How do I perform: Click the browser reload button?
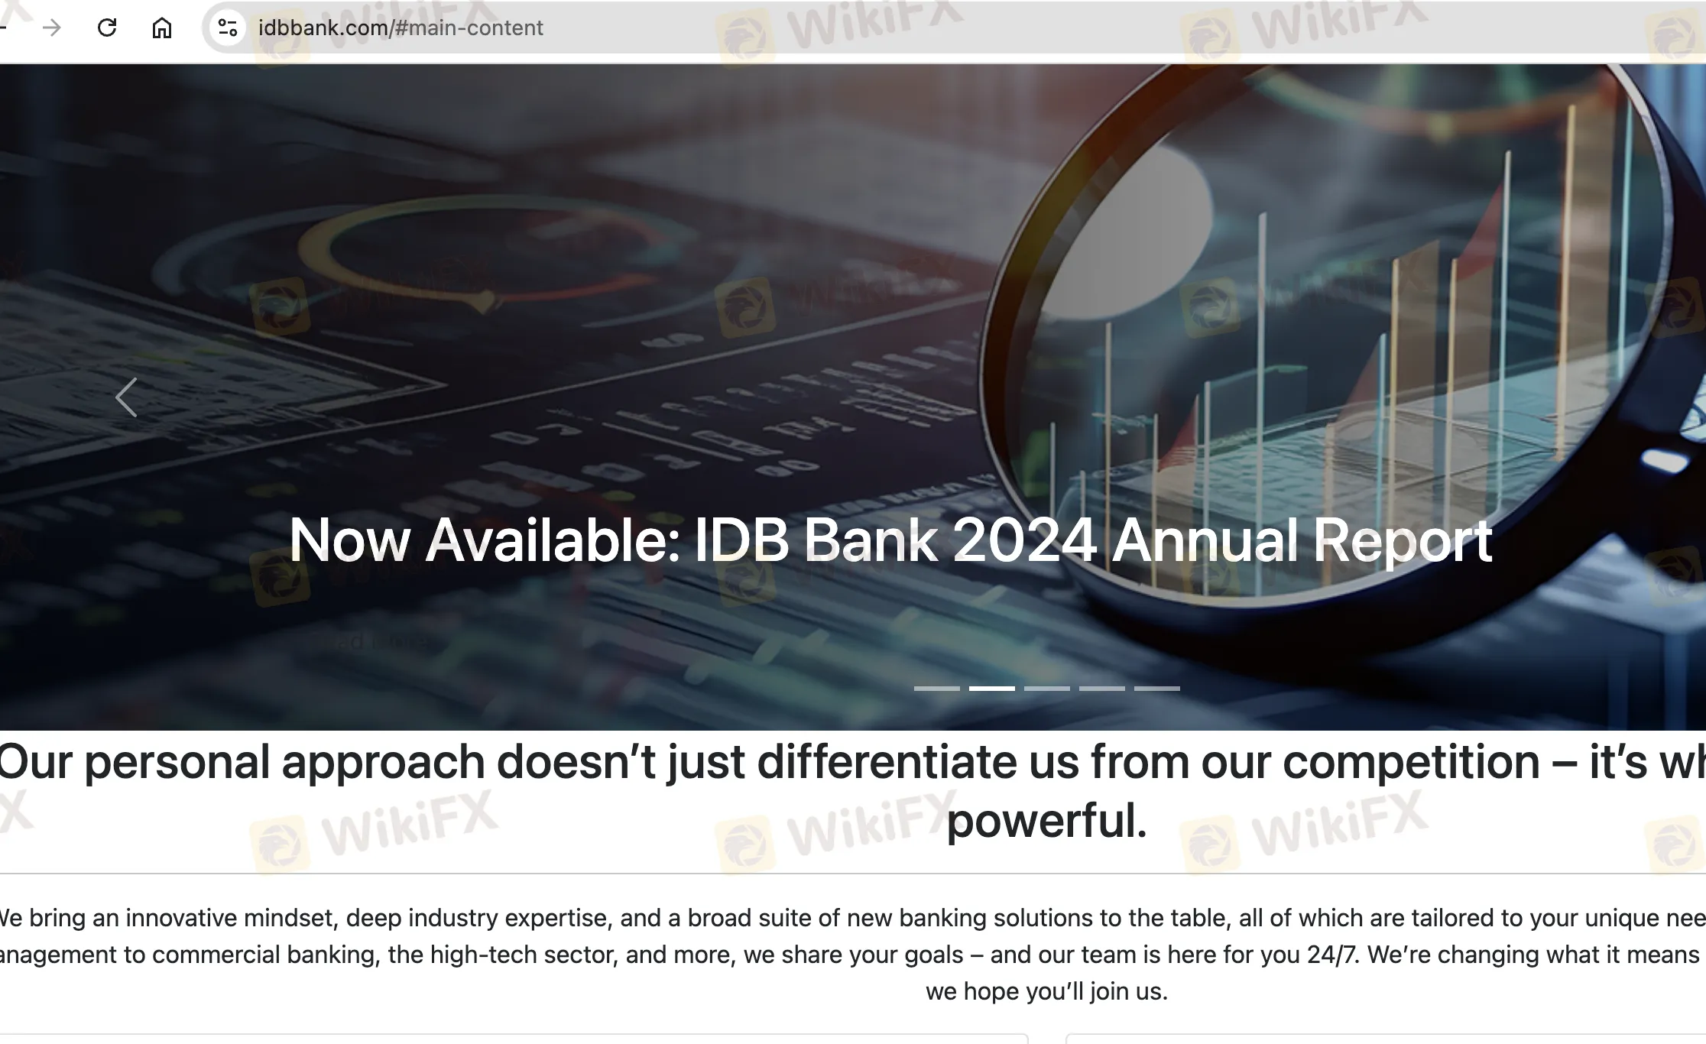click(x=107, y=28)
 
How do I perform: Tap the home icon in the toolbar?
click(x=161, y=28)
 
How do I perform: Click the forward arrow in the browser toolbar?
click(x=52, y=28)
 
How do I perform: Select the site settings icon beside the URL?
click(x=228, y=28)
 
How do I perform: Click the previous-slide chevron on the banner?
click(x=126, y=397)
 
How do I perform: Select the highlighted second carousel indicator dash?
click(x=991, y=689)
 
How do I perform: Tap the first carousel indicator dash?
click(x=936, y=689)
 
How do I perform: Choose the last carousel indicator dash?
click(x=1156, y=689)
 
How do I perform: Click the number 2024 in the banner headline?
click(x=1024, y=541)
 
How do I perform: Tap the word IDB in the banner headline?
click(x=741, y=541)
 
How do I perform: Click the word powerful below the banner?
click(x=1046, y=821)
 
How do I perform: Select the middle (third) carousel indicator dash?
click(x=1046, y=689)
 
